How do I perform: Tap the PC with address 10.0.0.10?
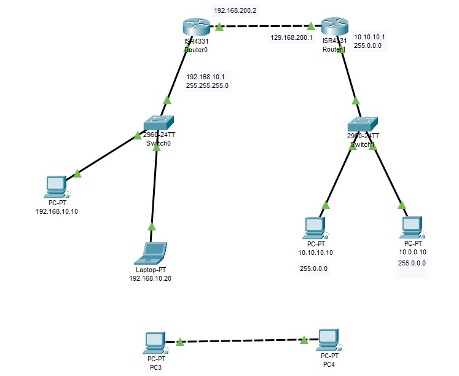[411, 227]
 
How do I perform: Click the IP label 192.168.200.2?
[234, 11]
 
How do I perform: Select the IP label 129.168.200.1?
[291, 37]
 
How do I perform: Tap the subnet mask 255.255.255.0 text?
[207, 86]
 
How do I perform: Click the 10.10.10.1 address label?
[369, 37]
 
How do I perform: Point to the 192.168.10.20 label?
[150, 278]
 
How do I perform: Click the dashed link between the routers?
[264, 26]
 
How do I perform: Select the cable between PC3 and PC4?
[243, 342]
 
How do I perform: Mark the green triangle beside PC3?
[179, 342]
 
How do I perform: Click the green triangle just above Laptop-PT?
[151, 226]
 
